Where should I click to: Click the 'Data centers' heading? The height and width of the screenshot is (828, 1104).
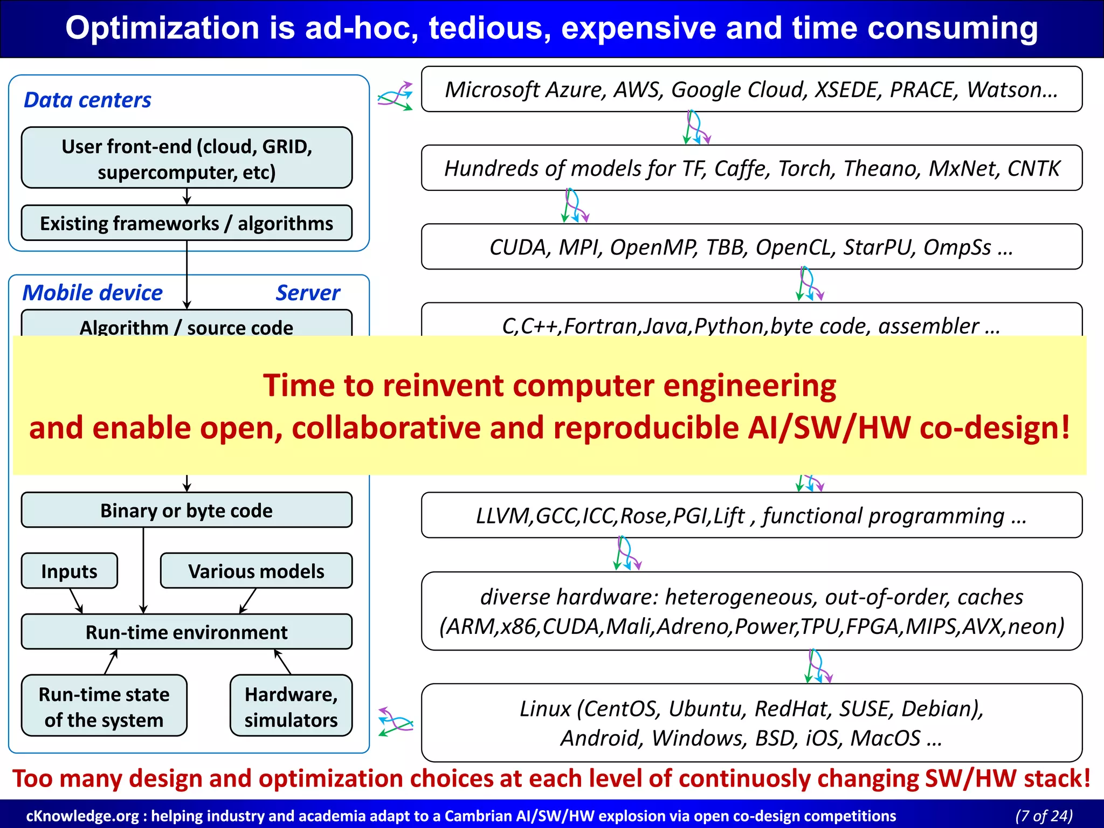pos(87,100)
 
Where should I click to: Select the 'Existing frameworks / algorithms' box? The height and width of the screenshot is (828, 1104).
pos(187,223)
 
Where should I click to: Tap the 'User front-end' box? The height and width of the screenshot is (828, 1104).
pos(187,158)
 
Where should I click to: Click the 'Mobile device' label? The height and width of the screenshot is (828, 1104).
pos(92,293)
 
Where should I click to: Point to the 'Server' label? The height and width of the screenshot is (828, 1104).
pos(308,293)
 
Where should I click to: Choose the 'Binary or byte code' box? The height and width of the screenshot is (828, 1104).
pos(187,510)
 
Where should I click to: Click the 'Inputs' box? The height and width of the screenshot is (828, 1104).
pos(69,571)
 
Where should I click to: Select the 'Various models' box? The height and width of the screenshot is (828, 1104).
pos(256,571)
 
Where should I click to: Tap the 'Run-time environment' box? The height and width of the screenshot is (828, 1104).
pos(187,632)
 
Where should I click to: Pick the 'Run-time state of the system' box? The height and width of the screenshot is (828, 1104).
pos(104,707)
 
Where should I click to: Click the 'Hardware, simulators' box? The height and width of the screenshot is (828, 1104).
pos(291,707)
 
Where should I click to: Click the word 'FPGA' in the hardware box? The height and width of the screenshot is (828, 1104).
pos(874,626)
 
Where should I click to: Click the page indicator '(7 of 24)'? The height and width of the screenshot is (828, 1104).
pos(1044,816)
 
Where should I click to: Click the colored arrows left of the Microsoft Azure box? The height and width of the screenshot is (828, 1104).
pos(395,96)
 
